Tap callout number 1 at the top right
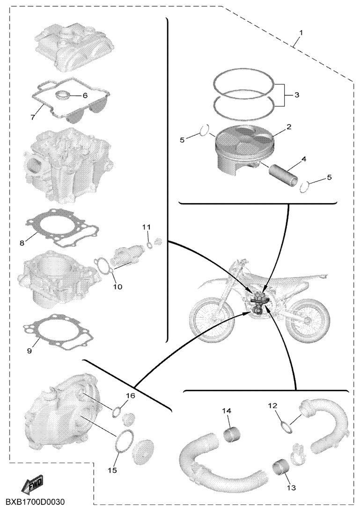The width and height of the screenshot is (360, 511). coord(301,33)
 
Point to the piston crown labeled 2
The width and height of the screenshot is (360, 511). coord(244,139)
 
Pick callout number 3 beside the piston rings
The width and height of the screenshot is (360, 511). coord(296,95)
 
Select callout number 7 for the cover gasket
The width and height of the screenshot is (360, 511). coord(32,117)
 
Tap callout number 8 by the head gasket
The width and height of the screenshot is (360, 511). coord(22,243)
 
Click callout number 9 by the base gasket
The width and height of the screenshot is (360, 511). coord(29,351)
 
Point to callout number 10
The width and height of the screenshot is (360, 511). coord(118,286)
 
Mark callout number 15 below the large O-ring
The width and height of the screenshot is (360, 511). coord(113,470)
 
